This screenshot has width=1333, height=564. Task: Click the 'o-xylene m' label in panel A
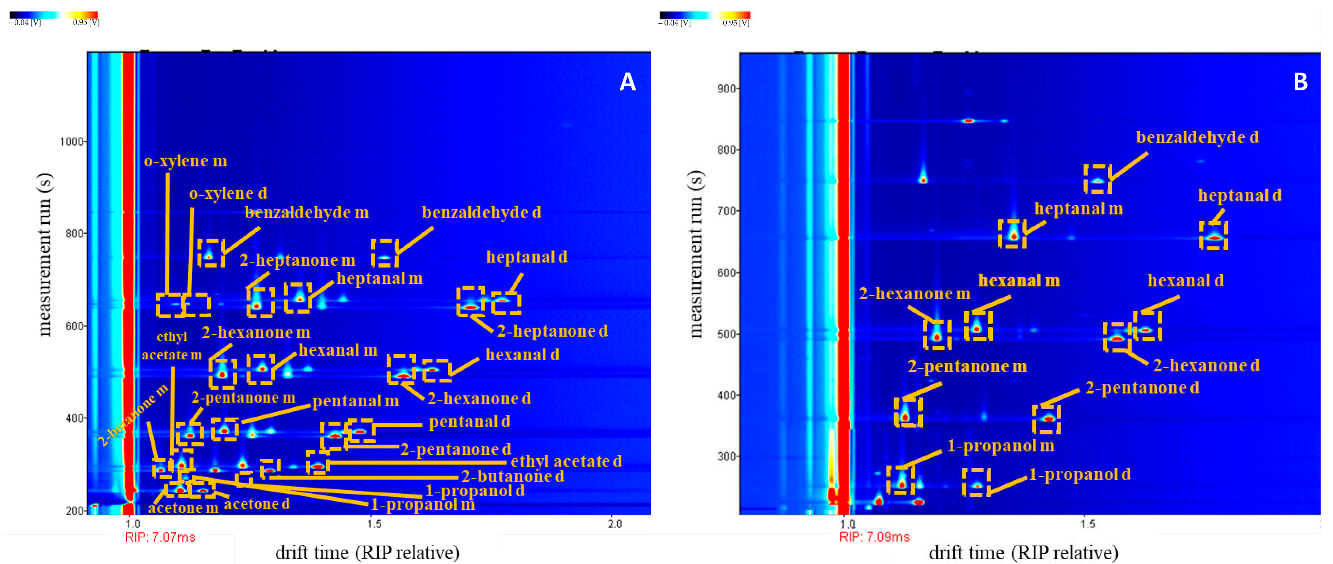pos(185,161)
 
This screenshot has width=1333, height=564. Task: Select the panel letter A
pos(627,82)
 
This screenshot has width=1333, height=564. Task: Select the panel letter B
pos(1300,82)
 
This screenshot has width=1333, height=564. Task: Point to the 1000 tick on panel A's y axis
pos(71,142)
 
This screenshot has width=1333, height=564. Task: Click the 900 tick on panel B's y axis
pos(726,88)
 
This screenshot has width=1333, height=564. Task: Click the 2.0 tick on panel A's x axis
pos(615,524)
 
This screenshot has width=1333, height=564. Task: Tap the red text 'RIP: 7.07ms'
pos(160,538)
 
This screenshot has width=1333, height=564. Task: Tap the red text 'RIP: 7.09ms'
pos(874,537)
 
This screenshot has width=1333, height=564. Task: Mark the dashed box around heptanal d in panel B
pos(1213,236)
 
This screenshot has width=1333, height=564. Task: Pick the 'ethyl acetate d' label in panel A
pos(566,462)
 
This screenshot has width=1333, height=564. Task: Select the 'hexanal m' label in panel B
pos(1018,280)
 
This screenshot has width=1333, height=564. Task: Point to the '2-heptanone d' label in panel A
pos(552,331)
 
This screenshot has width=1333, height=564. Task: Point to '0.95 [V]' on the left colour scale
pos(86,22)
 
